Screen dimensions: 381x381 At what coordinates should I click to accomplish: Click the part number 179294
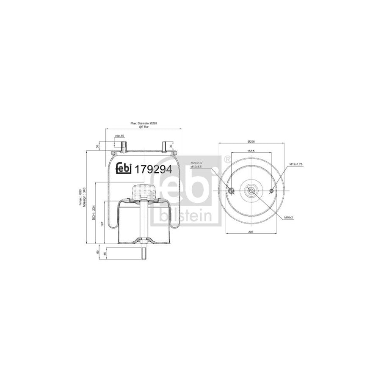tap(153, 169)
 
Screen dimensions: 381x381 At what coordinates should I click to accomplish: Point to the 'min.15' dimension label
tap(119, 136)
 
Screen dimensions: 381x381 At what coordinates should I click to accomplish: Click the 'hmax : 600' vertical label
tap(80, 197)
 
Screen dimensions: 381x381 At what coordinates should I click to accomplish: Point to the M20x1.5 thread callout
tap(196, 163)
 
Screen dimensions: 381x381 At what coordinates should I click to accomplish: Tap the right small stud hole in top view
tap(271, 191)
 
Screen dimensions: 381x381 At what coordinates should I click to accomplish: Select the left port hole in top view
tap(231, 191)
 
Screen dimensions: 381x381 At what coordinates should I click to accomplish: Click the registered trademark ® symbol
tap(228, 159)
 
